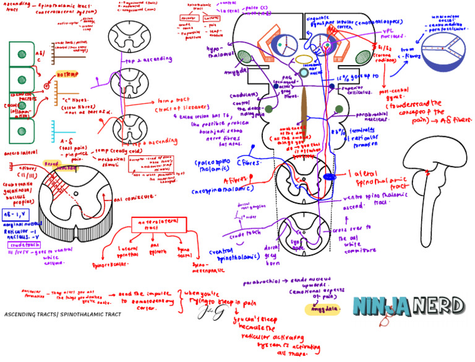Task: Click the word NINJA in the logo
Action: click(381, 306)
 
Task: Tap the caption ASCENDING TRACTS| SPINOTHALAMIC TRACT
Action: click(62, 314)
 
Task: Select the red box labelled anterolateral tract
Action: click(159, 224)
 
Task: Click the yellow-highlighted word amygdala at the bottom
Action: click(322, 309)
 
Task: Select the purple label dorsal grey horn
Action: click(272, 253)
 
